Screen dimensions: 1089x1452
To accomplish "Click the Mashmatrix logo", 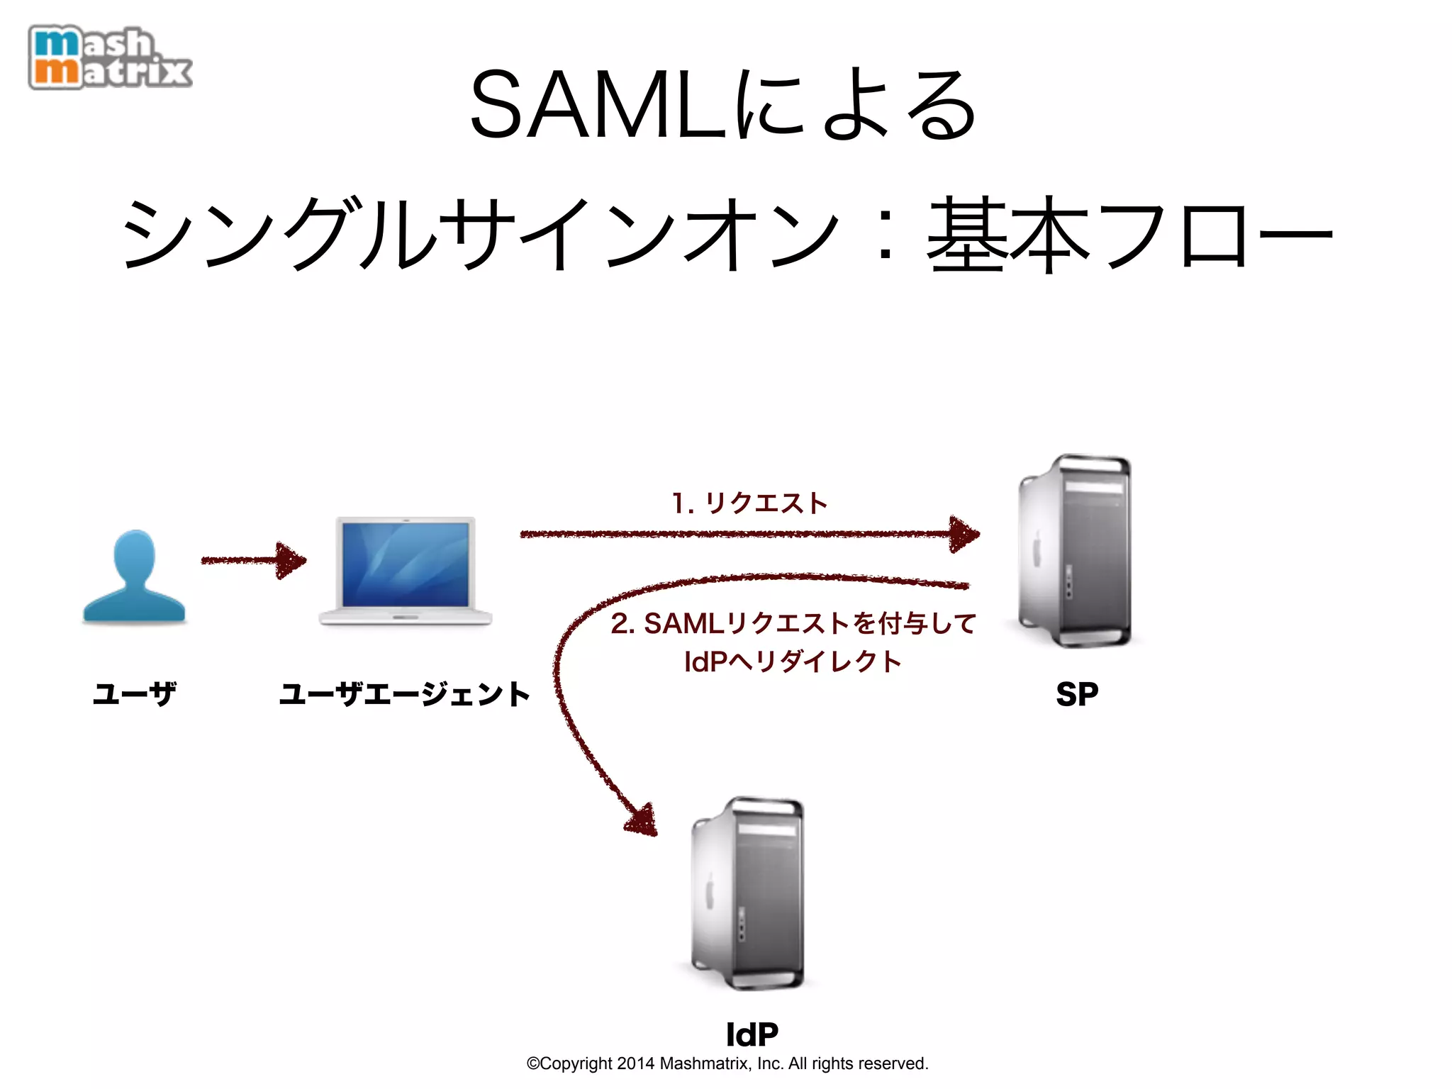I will tap(110, 57).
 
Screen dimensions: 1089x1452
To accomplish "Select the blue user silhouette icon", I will tap(134, 577).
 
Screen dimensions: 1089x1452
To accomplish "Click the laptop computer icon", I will tap(406, 571).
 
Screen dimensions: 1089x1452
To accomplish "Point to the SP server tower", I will tap(1075, 551).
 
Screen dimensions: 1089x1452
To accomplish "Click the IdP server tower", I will tap(749, 893).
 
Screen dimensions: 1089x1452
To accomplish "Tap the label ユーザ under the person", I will tap(134, 693).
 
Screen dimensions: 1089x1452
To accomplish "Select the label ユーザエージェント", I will tap(405, 693).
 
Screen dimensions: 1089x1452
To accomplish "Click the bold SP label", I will tap(1077, 694).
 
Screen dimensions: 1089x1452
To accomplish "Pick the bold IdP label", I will tap(752, 1034).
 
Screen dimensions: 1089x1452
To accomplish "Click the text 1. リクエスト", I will tap(749, 503).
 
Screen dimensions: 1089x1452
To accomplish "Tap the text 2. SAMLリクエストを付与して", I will tap(793, 624).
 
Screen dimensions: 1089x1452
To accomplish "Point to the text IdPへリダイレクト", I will tap(793, 661).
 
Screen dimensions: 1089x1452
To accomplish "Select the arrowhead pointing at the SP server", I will tap(964, 534).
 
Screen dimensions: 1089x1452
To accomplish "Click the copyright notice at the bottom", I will tap(727, 1063).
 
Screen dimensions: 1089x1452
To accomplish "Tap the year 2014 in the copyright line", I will tap(635, 1063).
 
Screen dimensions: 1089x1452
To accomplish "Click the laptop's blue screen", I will tap(406, 564).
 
